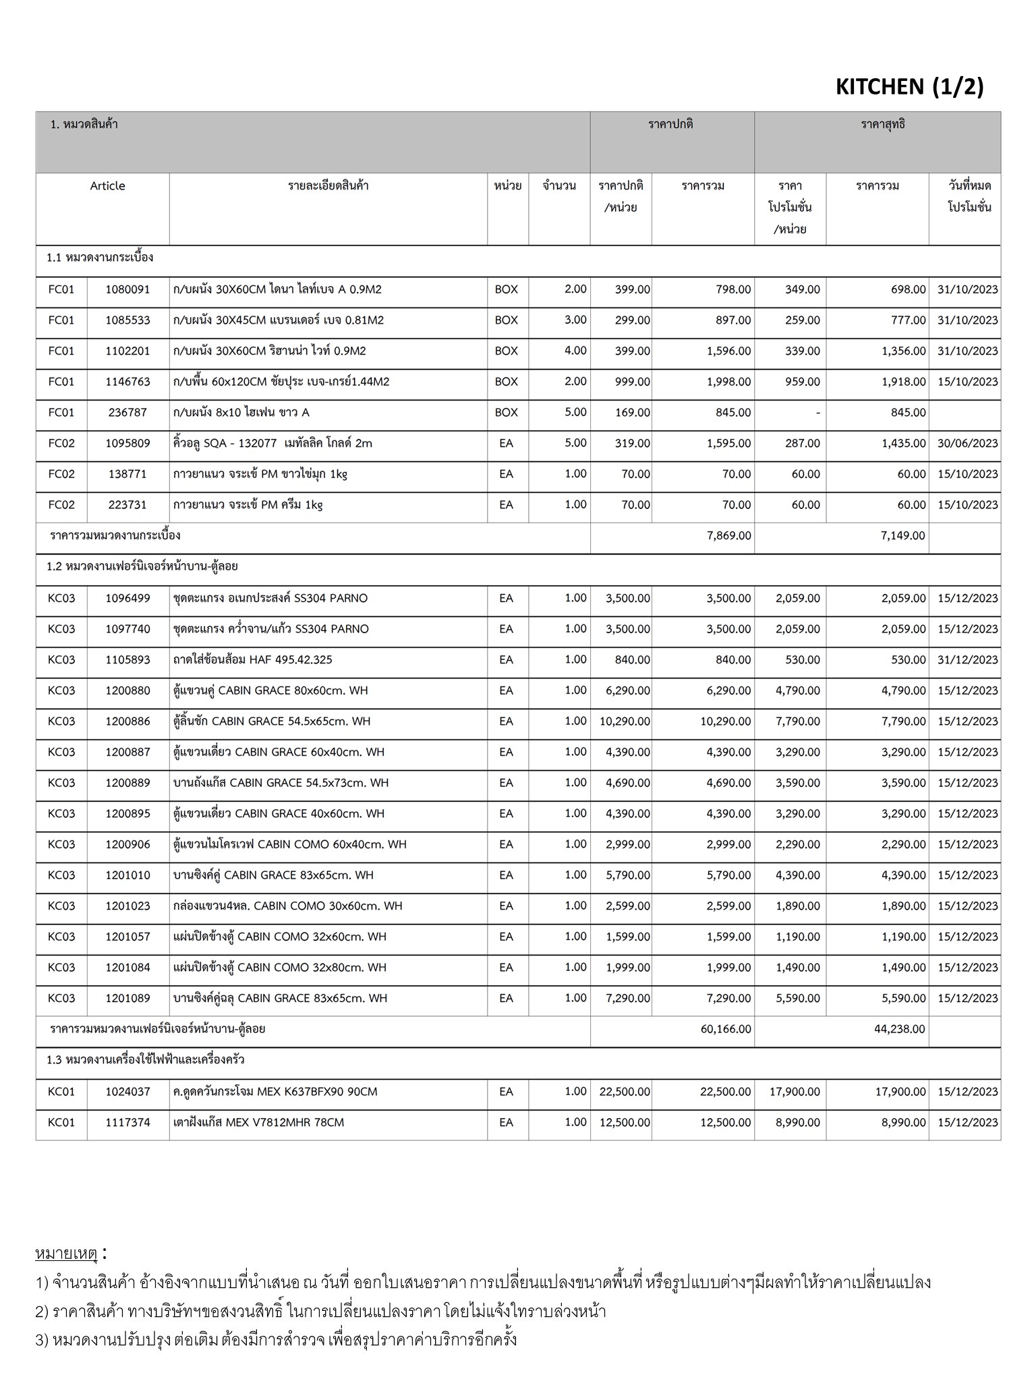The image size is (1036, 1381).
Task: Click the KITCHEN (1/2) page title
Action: point(909,87)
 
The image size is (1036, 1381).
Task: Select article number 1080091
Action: point(127,289)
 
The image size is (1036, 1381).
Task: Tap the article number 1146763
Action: point(127,382)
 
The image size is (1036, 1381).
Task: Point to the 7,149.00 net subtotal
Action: point(903,536)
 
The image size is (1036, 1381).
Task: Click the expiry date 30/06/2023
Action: point(967,444)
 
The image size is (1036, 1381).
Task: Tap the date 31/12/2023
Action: point(967,659)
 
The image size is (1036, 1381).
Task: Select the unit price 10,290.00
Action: point(625,722)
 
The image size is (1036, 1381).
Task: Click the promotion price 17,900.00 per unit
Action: point(795,1092)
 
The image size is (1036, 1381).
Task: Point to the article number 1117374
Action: point(127,1123)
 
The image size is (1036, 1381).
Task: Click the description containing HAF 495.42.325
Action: point(253,659)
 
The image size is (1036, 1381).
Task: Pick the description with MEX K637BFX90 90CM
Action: point(275,1092)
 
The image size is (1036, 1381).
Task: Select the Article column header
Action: point(107,186)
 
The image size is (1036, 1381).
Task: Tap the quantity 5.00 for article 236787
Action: point(575,413)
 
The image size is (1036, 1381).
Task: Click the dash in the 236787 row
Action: point(817,413)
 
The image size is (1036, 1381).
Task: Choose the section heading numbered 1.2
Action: point(142,566)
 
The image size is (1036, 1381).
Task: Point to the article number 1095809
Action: point(127,444)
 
